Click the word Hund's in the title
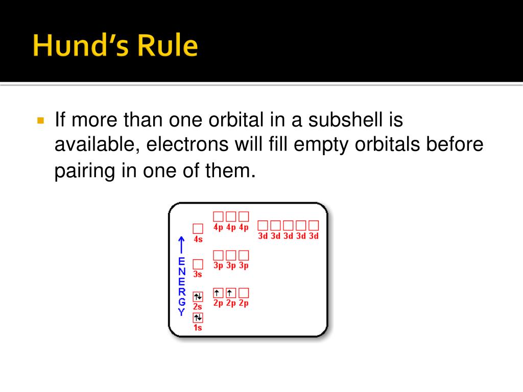[81, 45]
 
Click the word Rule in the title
[168, 45]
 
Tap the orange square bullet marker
[41, 120]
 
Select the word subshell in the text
[345, 119]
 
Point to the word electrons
[187, 144]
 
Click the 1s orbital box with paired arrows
[198, 317]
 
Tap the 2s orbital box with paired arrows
[198, 297]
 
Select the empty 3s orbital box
[198, 264]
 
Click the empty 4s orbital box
[198, 229]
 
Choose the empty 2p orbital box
[244, 293]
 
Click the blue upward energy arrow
[181, 245]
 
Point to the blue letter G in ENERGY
[181, 302]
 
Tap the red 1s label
[198, 328]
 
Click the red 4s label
[198, 239]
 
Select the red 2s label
[198, 307]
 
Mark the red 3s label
[198, 274]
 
